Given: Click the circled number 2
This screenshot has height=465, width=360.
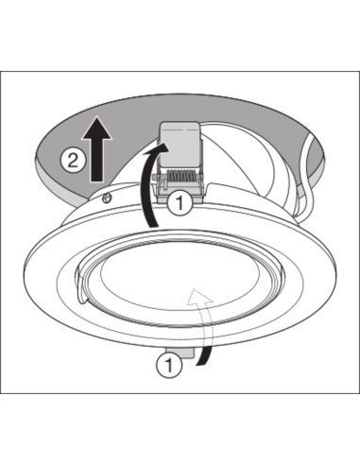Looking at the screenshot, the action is tap(73, 161).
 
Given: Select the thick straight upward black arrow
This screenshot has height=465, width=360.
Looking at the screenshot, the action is tap(96, 148).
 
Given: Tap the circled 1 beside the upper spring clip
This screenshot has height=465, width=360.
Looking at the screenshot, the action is tap(180, 203).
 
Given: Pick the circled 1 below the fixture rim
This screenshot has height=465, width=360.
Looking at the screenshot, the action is tap(169, 366).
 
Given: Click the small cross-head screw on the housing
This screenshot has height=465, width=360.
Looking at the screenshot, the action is tap(108, 198).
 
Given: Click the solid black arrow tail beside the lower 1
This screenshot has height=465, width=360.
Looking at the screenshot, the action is tap(204, 356).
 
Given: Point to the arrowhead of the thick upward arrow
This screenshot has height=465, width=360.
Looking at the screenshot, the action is tap(96, 128).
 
